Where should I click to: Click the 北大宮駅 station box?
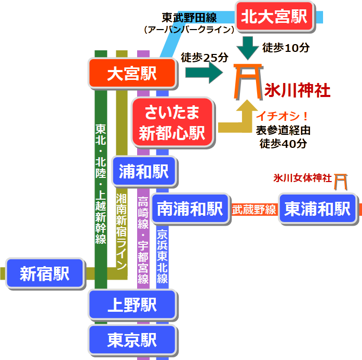click(x=274, y=17)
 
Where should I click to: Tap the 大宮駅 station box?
click(x=132, y=74)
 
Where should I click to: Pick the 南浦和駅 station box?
click(x=190, y=209)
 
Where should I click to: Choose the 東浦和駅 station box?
click(x=318, y=209)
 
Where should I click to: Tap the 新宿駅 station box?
click(x=45, y=273)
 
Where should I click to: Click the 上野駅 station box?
click(x=132, y=305)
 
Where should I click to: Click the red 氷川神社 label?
click(x=297, y=90)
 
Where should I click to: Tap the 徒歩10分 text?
click(x=286, y=48)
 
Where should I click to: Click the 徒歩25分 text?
click(x=204, y=58)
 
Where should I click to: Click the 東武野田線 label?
click(x=189, y=18)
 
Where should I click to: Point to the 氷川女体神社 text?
click(x=302, y=178)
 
